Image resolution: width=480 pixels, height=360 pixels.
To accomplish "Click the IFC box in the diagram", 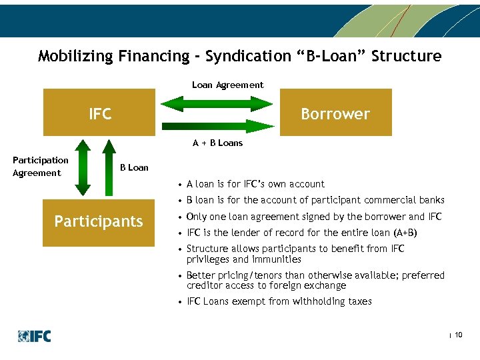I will tap(100, 114).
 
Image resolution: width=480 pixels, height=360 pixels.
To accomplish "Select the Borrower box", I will tap(335, 114).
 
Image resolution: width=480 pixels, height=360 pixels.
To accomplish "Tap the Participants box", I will tap(99, 221).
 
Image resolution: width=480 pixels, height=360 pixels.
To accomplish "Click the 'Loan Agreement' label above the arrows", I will tap(227, 85).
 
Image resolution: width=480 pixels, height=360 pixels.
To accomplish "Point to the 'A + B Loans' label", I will tap(217, 143).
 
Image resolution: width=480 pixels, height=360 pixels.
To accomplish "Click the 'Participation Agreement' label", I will tap(40, 167).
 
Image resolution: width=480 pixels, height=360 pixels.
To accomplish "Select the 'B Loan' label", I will tap(134, 167).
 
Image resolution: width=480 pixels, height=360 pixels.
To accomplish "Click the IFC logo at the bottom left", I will tap(35, 336).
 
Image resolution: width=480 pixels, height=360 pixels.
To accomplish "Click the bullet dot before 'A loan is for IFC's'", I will tap(180, 185).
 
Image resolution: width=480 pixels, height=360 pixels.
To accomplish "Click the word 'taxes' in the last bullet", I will tap(359, 301).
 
